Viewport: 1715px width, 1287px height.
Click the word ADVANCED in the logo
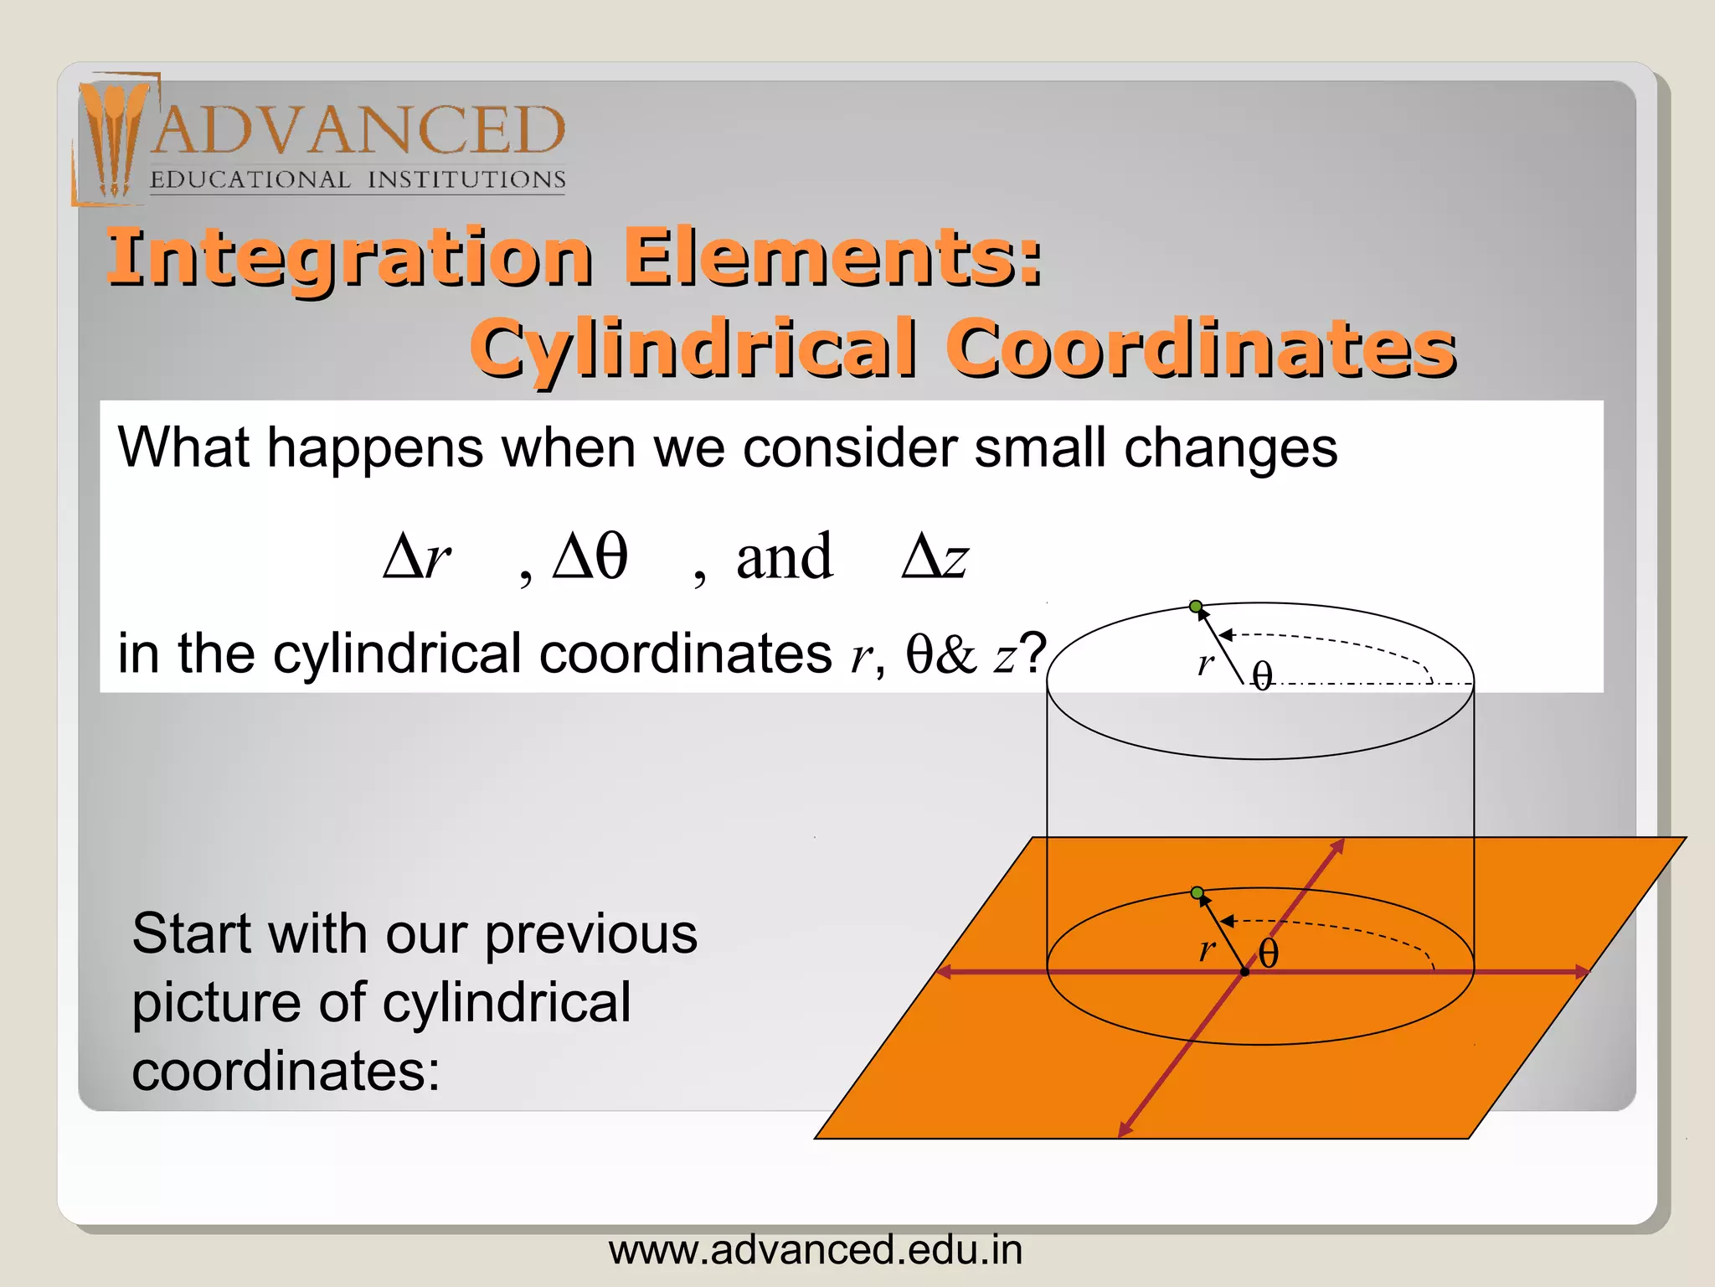tap(358, 131)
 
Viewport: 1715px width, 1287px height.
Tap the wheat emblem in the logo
tap(113, 138)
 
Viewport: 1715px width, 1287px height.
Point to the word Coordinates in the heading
tap(1202, 348)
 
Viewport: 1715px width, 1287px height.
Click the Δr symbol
tap(416, 557)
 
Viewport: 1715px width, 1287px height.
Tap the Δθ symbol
tap(590, 557)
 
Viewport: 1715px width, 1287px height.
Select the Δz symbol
tap(935, 557)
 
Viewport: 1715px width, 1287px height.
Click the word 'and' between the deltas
tap(784, 557)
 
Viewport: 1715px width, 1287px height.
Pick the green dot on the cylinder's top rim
tap(1196, 607)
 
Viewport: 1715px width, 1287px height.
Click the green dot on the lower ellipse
tap(1197, 892)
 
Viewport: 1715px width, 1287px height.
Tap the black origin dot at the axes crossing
tap(1245, 972)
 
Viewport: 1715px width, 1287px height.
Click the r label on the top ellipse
tap(1205, 664)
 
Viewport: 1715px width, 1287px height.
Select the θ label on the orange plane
tap(1269, 954)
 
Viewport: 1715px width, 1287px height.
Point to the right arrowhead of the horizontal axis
tap(1581, 972)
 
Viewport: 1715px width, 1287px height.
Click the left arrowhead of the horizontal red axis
tap(944, 972)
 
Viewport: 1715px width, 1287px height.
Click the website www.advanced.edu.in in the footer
tap(816, 1250)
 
